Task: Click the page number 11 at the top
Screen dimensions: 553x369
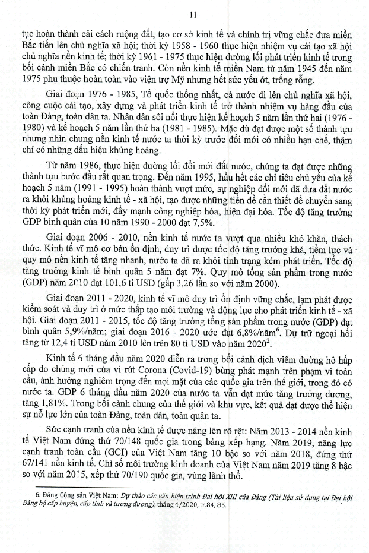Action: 184,14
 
